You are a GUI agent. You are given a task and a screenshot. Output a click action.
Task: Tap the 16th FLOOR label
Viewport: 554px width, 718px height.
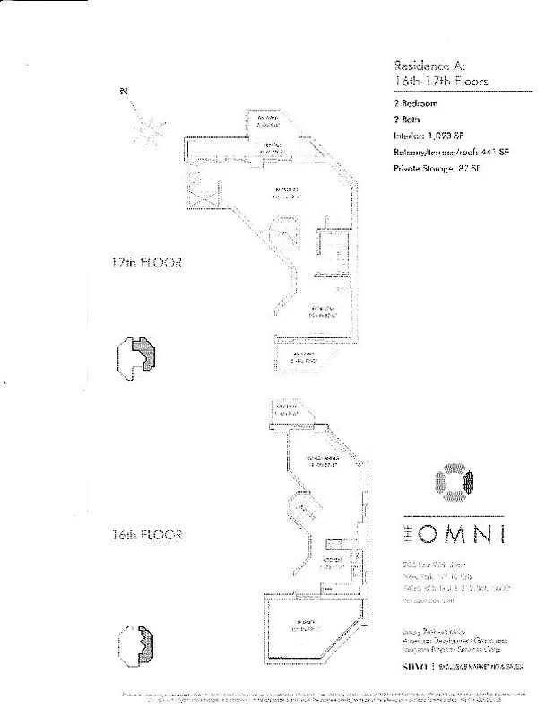click(147, 535)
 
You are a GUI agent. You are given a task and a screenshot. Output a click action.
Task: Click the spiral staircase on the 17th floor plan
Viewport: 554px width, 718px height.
click(288, 238)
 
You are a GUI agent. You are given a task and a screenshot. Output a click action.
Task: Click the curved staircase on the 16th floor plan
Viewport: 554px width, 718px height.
click(302, 509)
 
